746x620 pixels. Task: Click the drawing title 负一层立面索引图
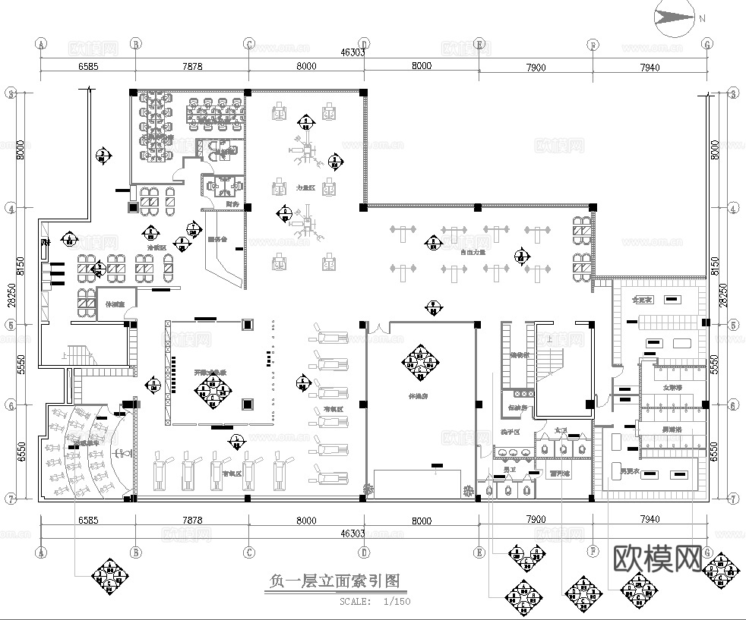(x=334, y=581)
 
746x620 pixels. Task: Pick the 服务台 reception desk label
(x=217, y=240)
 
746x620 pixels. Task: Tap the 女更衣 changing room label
(x=643, y=300)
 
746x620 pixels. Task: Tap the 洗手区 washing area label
(x=509, y=432)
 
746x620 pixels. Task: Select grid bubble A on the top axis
(x=41, y=44)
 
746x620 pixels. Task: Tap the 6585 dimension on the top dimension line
(x=88, y=67)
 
